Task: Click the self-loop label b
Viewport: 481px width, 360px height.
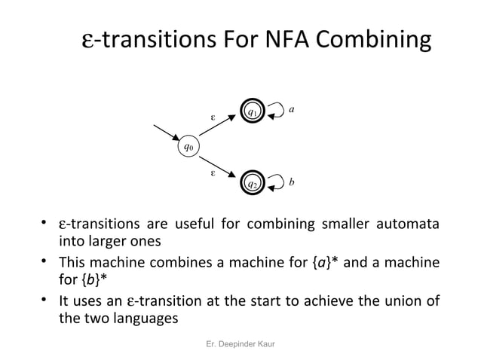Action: click(292, 182)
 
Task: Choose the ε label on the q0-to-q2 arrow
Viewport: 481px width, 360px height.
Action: click(213, 172)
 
